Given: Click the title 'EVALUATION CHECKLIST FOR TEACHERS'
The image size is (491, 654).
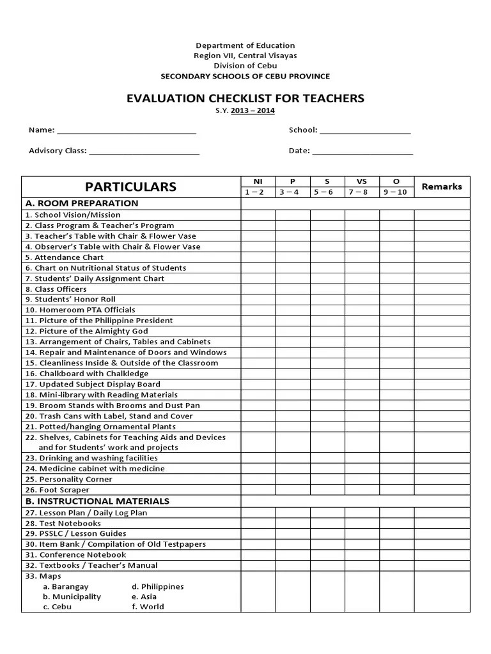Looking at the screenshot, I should coord(245,98).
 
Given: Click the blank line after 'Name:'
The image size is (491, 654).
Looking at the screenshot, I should coord(127,132).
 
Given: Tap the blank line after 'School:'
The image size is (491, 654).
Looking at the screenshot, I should coord(365,132).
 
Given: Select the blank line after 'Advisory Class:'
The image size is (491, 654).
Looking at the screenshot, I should coord(144,153).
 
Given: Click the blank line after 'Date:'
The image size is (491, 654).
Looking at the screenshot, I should coord(362,153).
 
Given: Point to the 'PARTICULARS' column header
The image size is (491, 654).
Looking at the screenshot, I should coord(130,186).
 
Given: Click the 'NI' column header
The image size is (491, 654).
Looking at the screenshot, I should coord(258,181).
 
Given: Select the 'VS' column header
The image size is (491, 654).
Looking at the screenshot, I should coord(362,181).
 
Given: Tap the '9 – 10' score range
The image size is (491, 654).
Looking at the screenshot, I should coord(396,192).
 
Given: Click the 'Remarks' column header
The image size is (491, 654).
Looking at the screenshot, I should coord(442,186).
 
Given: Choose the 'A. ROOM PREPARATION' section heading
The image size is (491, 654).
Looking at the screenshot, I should coord(81,203).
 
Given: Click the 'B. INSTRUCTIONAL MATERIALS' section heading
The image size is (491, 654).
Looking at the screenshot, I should coord(97,501).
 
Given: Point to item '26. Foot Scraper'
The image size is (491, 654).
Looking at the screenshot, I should coord(58,490).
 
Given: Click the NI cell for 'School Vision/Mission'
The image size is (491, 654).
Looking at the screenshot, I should coord(258,215).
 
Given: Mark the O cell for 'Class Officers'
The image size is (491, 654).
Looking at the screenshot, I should coord(396,289).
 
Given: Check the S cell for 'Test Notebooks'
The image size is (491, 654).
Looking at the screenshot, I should coord(327,523).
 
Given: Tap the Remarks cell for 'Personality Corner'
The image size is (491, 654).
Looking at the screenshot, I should coord(442,479).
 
